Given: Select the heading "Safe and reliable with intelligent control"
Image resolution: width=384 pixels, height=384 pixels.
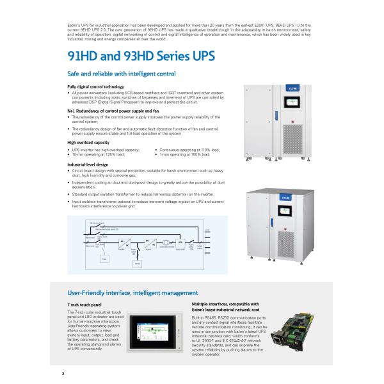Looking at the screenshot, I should [x=122, y=74].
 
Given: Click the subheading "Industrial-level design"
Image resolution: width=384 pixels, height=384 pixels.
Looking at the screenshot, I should [x=88, y=164].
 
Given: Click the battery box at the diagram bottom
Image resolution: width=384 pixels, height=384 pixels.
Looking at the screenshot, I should [x=136, y=264].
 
